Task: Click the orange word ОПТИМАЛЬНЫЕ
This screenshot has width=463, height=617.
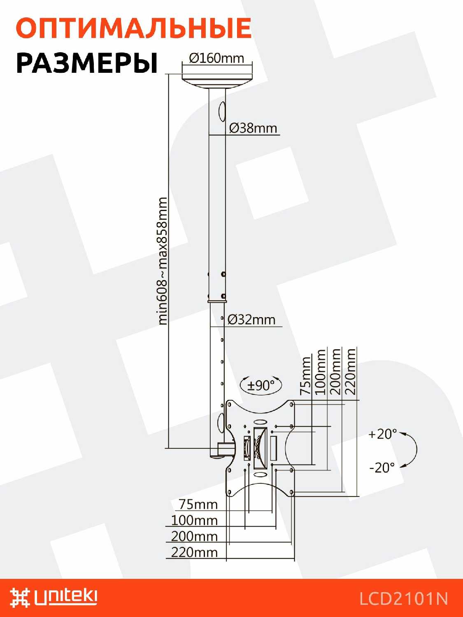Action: click(133, 28)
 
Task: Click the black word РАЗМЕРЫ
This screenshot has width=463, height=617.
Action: click(87, 63)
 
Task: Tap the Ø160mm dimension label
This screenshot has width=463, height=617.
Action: click(216, 58)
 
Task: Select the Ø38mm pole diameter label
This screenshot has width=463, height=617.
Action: click(253, 128)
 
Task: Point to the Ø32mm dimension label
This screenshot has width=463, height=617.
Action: click(251, 319)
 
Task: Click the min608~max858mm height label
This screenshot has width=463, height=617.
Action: click(163, 261)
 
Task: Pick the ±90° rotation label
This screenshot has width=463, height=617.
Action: click(261, 385)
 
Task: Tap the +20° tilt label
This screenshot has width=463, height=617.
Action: click(383, 434)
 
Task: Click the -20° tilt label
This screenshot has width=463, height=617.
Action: click(382, 468)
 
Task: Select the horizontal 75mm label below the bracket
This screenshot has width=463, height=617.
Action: click(198, 504)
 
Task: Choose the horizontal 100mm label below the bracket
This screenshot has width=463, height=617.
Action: click(194, 520)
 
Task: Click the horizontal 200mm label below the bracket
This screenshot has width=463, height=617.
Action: click(194, 536)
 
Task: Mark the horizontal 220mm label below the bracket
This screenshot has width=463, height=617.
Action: click(194, 552)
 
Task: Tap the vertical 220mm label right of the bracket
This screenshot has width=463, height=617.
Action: click(350, 371)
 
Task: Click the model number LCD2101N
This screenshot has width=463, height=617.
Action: click(403, 598)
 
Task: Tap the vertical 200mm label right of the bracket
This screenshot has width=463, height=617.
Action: click(335, 371)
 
